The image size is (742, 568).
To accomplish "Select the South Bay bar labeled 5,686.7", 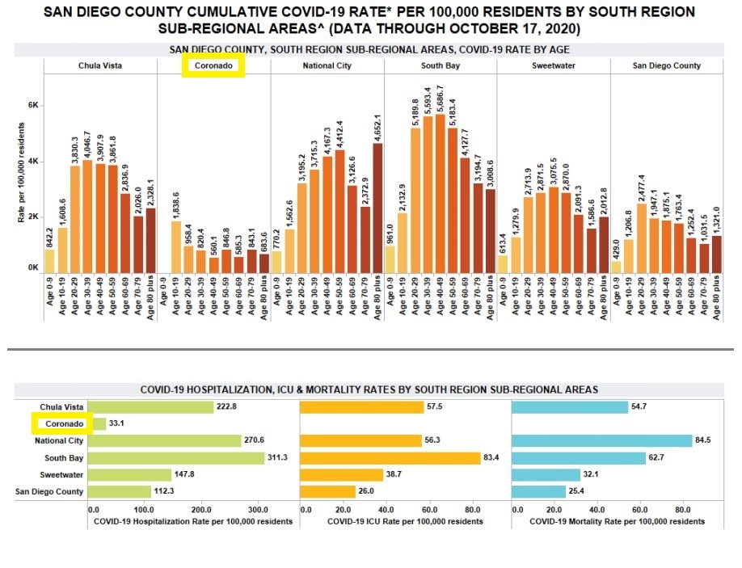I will tap(440, 194).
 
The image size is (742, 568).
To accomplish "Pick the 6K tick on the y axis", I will tap(33, 106).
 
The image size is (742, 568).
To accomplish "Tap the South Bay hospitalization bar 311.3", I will tap(176, 458).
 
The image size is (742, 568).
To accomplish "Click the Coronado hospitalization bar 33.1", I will tap(99, 424).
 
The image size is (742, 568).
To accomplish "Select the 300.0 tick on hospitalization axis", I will tap(257, 511).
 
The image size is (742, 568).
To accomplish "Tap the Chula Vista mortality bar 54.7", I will tap(570, 407).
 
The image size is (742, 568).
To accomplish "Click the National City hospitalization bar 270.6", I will tap(165, 441).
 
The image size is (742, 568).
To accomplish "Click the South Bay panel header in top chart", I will tap(440, 66).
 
